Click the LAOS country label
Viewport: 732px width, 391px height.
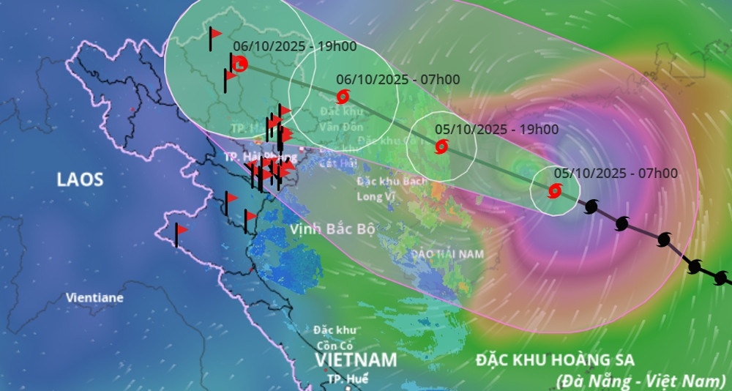pos(81,179)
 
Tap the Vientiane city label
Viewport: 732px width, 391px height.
pos(94,298)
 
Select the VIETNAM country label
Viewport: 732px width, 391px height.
pos(356,360)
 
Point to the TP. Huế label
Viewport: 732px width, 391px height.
pos(348,379)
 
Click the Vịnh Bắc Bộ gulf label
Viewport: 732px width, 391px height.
pos(332,229)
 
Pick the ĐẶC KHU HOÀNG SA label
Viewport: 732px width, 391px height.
pos(555,360)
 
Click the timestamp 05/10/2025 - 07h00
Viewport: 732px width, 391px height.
pos(616,174)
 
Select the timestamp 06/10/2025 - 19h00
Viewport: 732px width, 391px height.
pos(295,46)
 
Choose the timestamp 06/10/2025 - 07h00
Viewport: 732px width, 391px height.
pos(398,79)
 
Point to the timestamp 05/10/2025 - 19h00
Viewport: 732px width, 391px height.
pos(496,130)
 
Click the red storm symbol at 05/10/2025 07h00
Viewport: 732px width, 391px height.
pos(554,192)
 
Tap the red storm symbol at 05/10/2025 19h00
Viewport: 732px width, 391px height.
pos(441,146)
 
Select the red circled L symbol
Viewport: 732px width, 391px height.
pos(239,64)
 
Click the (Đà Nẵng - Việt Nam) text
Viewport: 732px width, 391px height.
pos(640,380)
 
